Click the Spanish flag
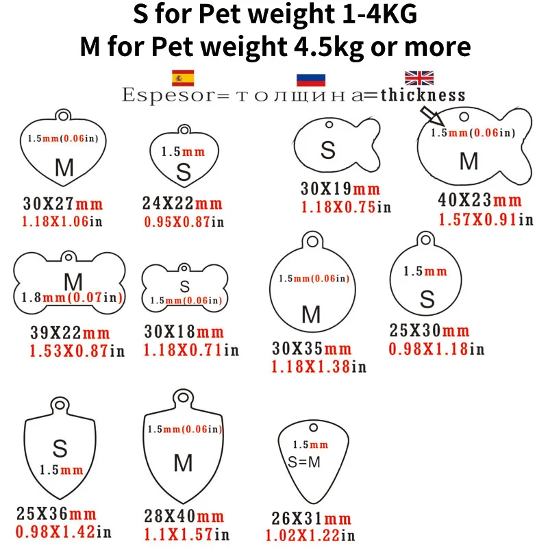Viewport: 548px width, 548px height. (x=183, y=77)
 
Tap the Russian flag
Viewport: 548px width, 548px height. (x=311, y=80)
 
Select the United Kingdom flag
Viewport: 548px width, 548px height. (x=419, y=78)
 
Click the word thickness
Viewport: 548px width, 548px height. (x=423, y=95)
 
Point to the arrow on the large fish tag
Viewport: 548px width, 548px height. (x=432, y=116)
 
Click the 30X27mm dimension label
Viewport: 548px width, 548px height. (x=63, y=203)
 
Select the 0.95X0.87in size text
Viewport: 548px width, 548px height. (x=184, y=221)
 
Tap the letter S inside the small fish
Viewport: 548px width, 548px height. (x=328, y=150)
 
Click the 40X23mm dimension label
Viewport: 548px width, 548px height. (x=480, y=200)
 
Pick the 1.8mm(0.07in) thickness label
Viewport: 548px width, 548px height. (x=72, y=297)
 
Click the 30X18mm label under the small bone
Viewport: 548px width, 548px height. (x=184, y=332)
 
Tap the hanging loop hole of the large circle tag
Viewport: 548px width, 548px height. (x=312, y=241)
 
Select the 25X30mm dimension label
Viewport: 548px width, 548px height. (x=429, y=330)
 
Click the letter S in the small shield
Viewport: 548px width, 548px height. (x=60, y=449)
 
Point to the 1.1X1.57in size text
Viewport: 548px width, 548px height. (x=186, y=534)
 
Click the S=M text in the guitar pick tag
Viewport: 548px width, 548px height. (x=303, y=462)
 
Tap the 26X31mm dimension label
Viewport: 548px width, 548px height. (x=312, y=519)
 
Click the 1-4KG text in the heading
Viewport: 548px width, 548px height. (x=379, y=14)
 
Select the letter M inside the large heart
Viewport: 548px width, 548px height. (x=64, y=167)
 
